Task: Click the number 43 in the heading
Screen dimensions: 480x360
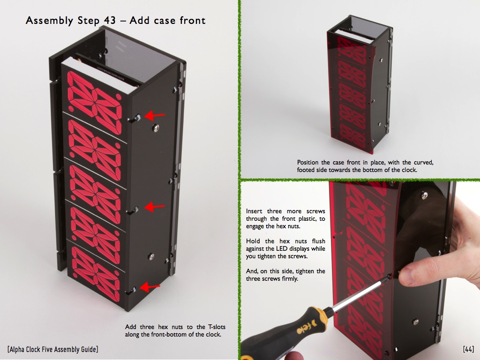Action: click(x=110, y=21)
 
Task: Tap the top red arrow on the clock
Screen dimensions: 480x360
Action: click(x=154, y=116)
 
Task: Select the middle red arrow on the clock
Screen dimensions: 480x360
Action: click(x=154, y=207)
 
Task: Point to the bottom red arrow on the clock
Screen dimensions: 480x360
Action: click(x=150, y=287)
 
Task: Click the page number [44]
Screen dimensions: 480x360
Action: click(x=468, y=349)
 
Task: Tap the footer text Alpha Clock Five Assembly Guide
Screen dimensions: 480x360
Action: click(x=52, y=349)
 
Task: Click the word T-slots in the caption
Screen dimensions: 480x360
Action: click(x=217, y=327)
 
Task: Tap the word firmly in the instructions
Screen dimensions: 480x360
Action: click(x=289, y=279)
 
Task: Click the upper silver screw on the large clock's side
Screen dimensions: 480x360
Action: click(x=156, y=127)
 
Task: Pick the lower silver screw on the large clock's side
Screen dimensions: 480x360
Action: click(x=151, y=256)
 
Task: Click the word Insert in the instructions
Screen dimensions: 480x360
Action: click(x=254, y=211)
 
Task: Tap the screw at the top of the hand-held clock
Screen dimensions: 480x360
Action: click(x=424, y=195)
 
